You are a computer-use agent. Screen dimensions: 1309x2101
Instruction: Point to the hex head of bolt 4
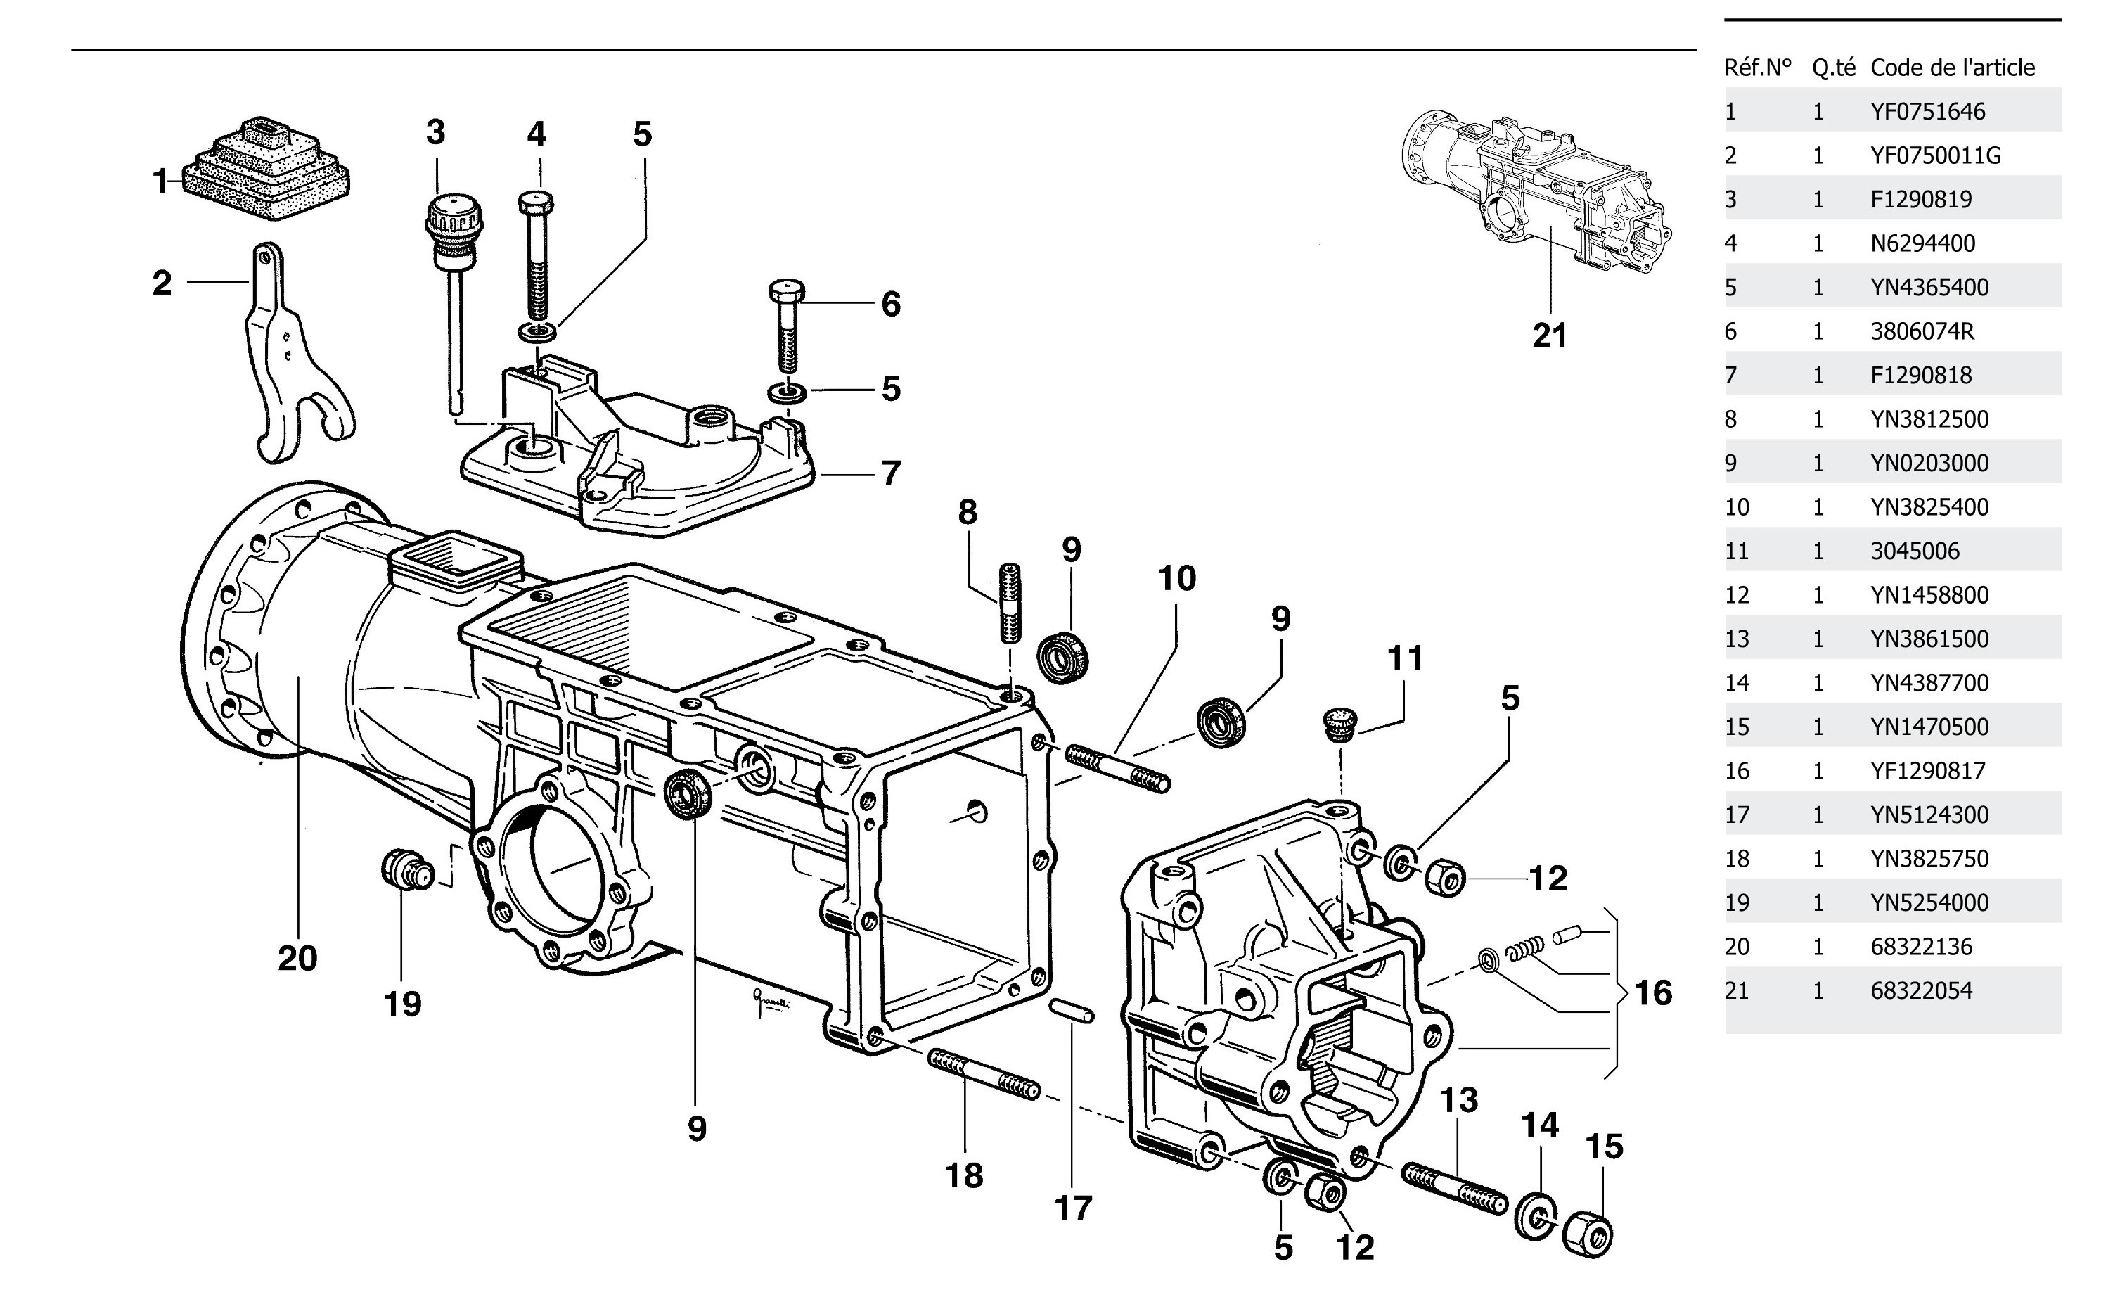(537, 204)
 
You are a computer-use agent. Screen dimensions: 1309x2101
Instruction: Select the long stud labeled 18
(983, 1073)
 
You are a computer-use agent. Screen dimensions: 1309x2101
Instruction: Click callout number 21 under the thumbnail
(1549, 335)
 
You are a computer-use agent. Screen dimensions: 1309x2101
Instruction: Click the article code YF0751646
(1927, 112)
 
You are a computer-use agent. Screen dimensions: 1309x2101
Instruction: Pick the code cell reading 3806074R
(1922, 331)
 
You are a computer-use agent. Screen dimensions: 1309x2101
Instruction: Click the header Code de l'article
(1952, 68)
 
